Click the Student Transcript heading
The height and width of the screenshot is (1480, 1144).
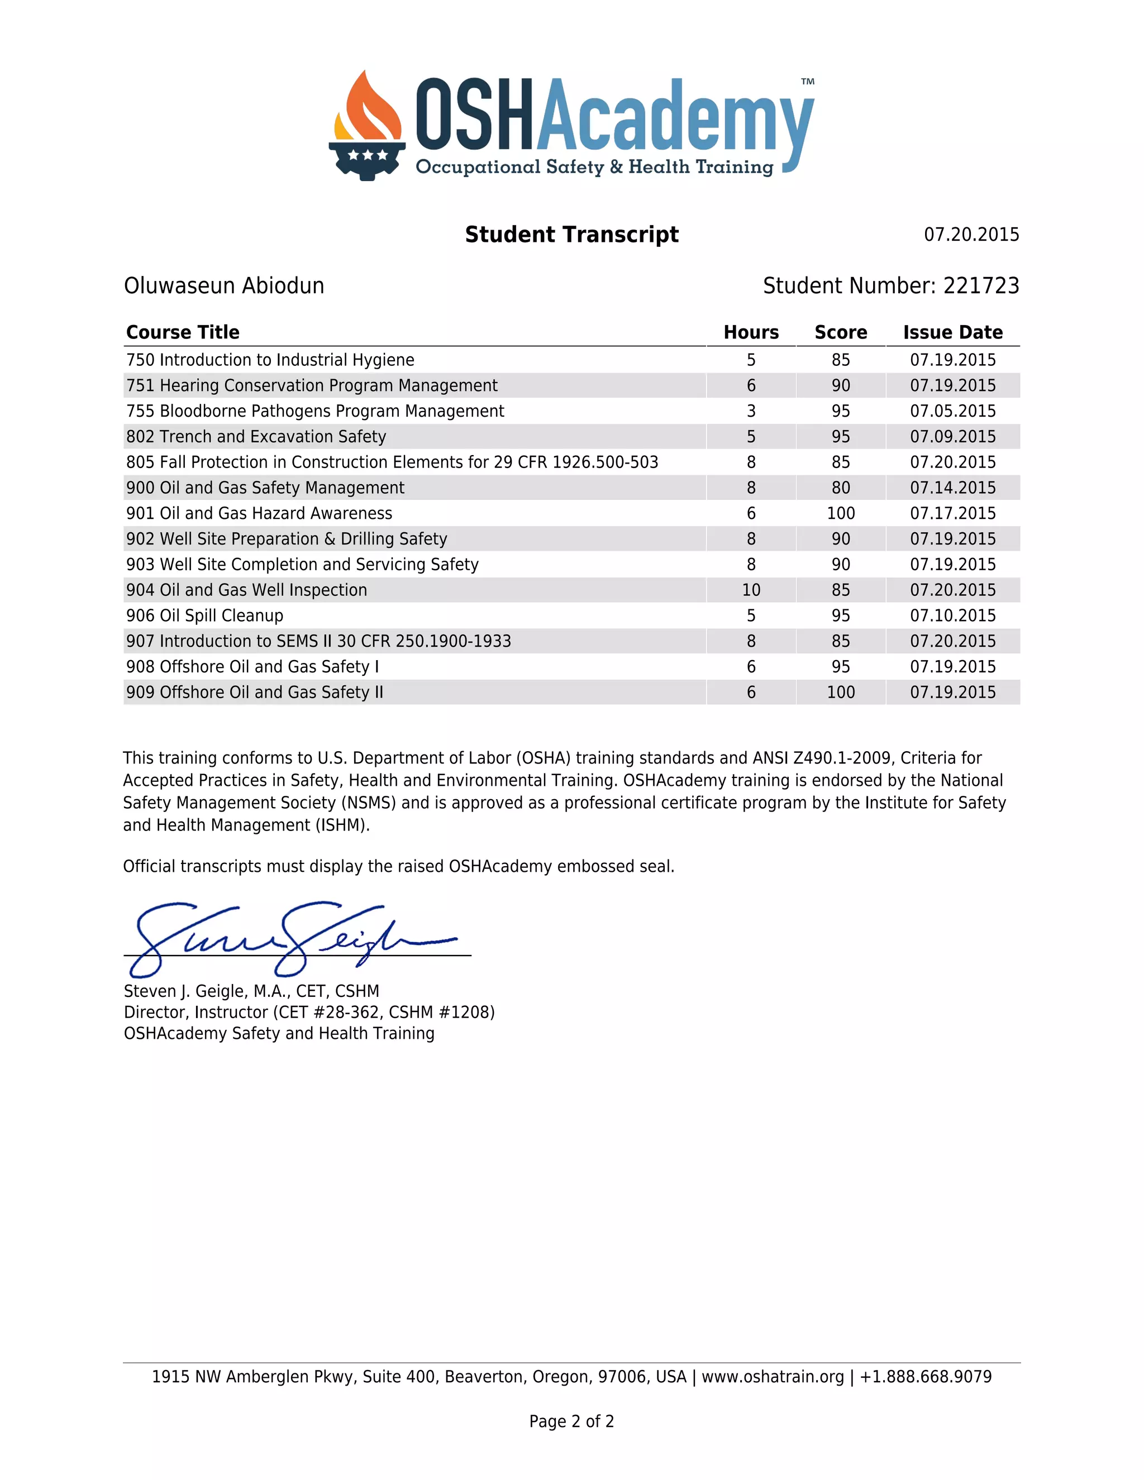[571, 235]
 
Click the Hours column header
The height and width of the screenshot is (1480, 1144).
[751, 332]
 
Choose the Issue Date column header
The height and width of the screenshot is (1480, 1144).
[952, 332]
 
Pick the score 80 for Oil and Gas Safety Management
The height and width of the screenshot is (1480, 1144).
[840, 488]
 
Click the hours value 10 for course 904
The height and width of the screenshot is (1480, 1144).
[751, 590]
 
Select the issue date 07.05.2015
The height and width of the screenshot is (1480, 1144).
[952, 412]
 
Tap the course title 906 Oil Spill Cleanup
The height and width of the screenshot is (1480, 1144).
[204, 615]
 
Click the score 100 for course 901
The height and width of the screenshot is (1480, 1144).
[840, 514]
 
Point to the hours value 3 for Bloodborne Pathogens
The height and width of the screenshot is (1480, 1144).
[751, 412]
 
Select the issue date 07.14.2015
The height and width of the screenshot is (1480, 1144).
[952, 488]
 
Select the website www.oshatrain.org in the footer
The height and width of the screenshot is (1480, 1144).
[773, 1377]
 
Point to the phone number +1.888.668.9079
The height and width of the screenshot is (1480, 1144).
[925, 1377]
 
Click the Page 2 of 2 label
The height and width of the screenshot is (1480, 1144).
[571, 1421]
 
